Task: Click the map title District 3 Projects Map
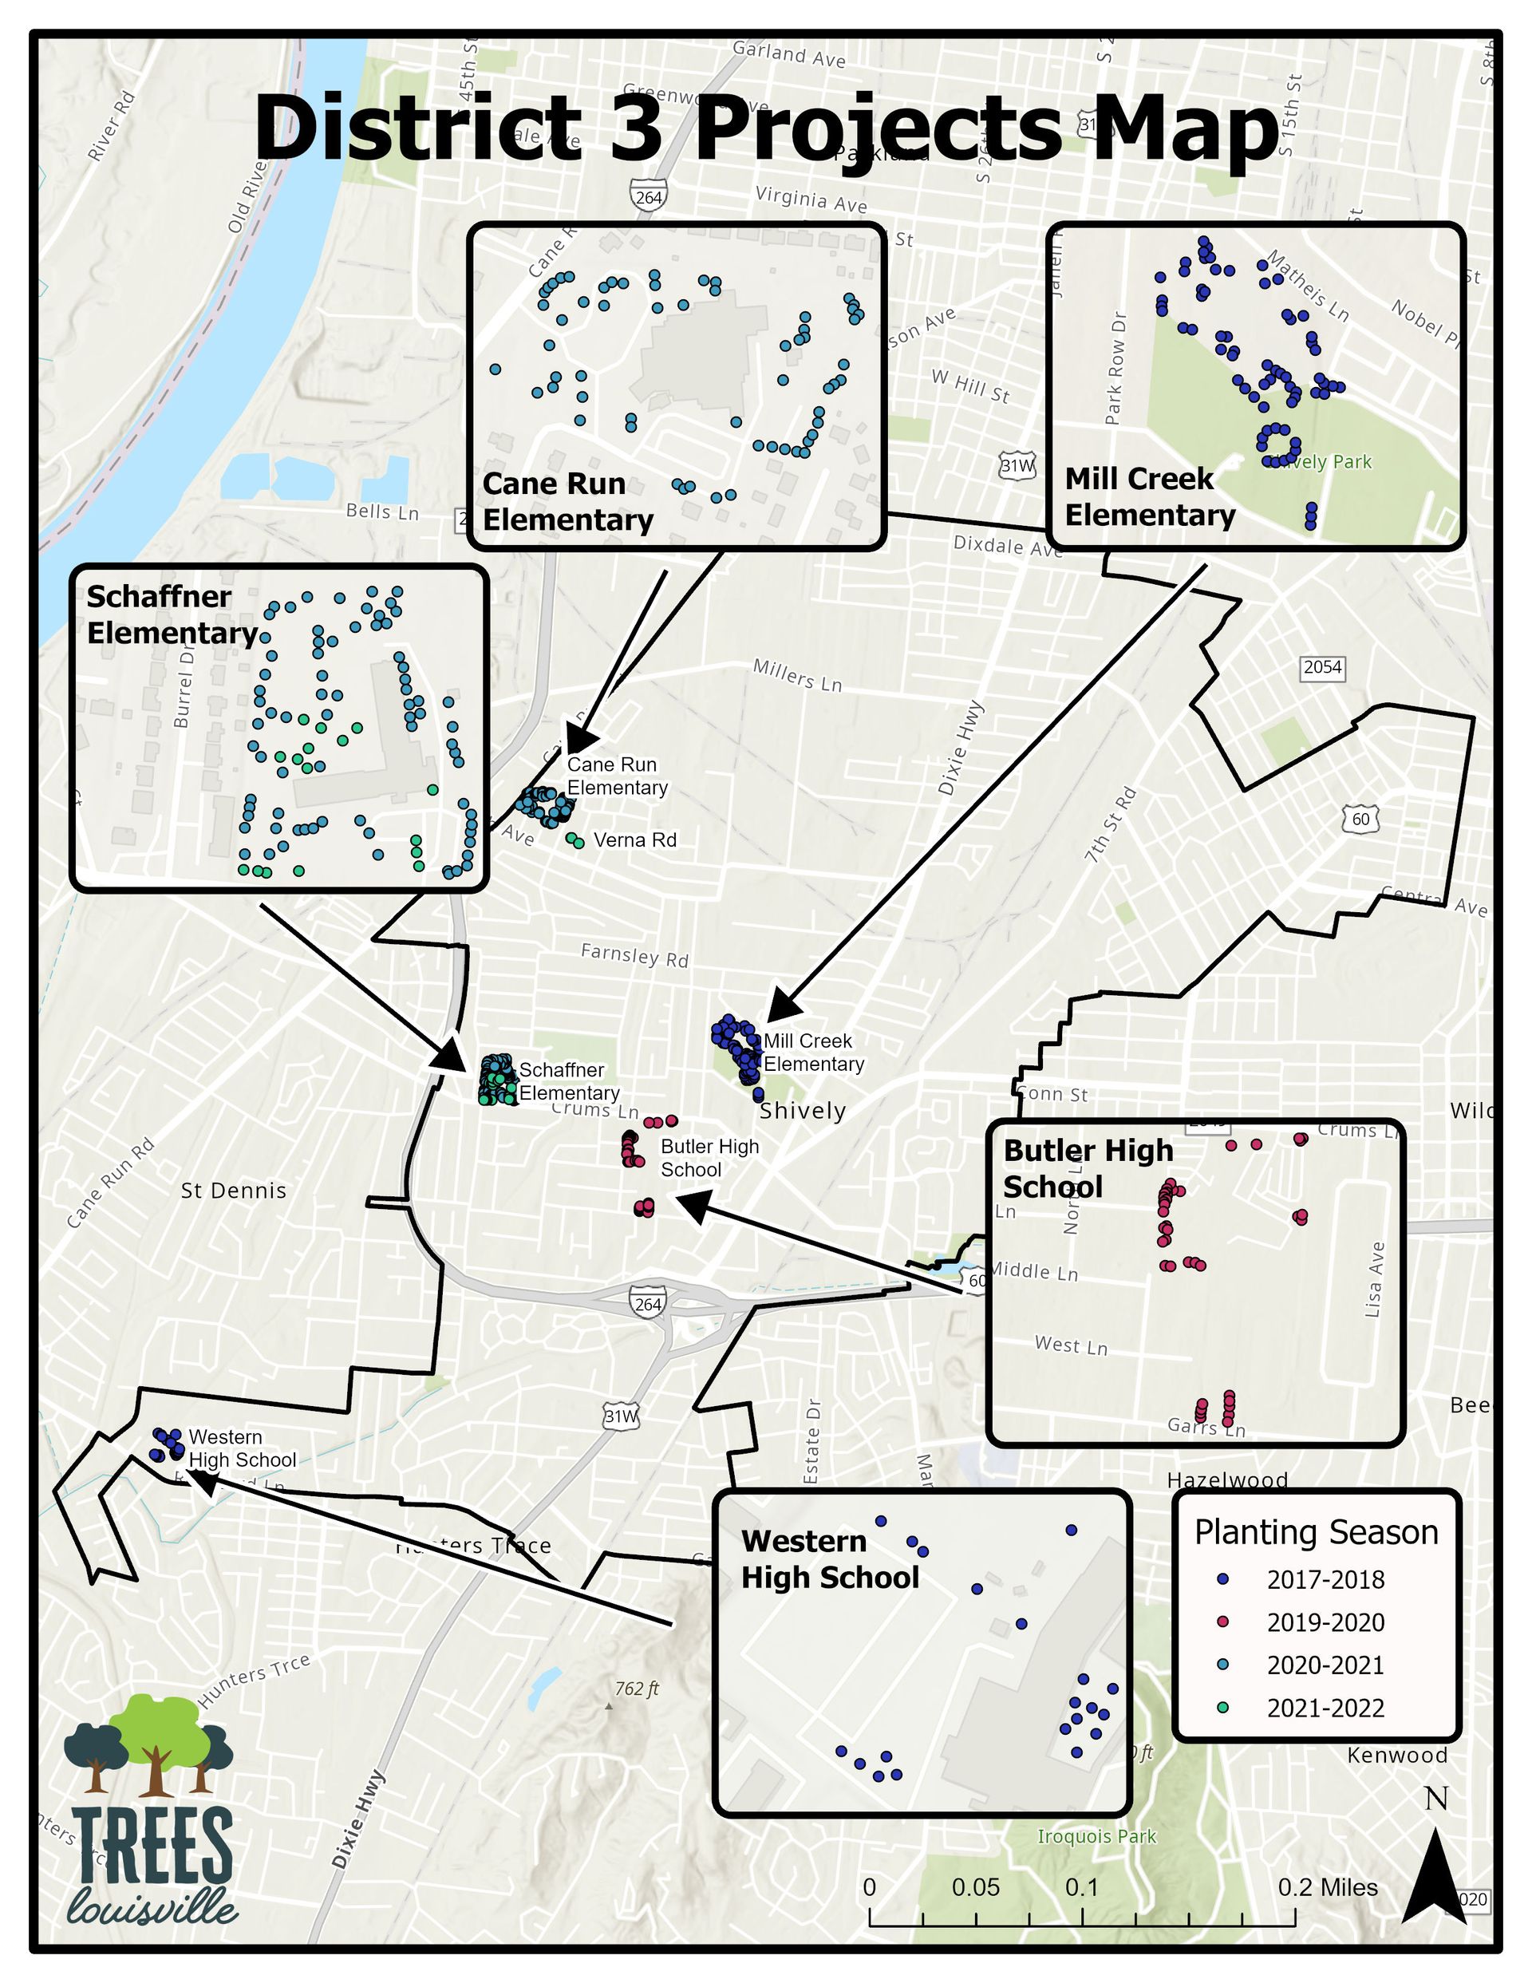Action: point(765,129)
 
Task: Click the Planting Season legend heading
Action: point(1316,1533)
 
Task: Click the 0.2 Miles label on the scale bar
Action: point(1328,1888)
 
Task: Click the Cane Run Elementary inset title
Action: point(567,502)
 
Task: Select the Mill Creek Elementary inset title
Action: point(1150,496)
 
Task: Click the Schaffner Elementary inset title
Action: point(172,614)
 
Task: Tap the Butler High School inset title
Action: point(1088,1168)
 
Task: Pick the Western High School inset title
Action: point(830,1559)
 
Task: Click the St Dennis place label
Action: point(233,1191)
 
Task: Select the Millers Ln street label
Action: point(797,676)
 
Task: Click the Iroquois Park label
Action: point(1097,1837)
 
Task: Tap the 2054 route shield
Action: point(1322,667)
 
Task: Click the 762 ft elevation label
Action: point(637,1689)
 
